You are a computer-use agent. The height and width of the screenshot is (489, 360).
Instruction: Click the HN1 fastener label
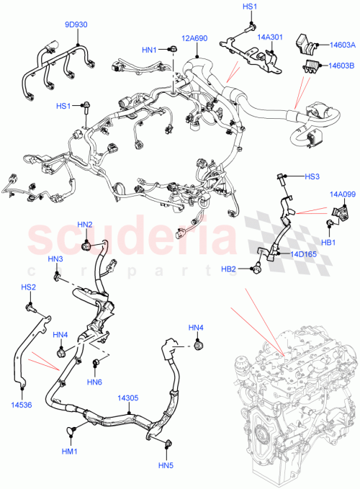pos(149,50)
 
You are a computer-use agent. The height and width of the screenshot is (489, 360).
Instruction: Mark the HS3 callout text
pos(311,176)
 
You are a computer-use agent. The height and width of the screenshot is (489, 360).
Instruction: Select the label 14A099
pos(343,194)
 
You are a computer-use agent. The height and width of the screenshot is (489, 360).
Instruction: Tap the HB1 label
pos(329,243)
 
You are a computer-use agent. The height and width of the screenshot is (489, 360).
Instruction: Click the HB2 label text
pos(228,269)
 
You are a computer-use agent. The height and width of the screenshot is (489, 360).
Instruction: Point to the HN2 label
pos(85,225)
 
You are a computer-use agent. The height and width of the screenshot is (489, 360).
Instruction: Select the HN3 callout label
pos(55,259)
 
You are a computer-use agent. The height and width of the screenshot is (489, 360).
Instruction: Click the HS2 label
pos(28,288)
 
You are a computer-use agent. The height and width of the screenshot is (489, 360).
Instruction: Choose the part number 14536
pos(22,405)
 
